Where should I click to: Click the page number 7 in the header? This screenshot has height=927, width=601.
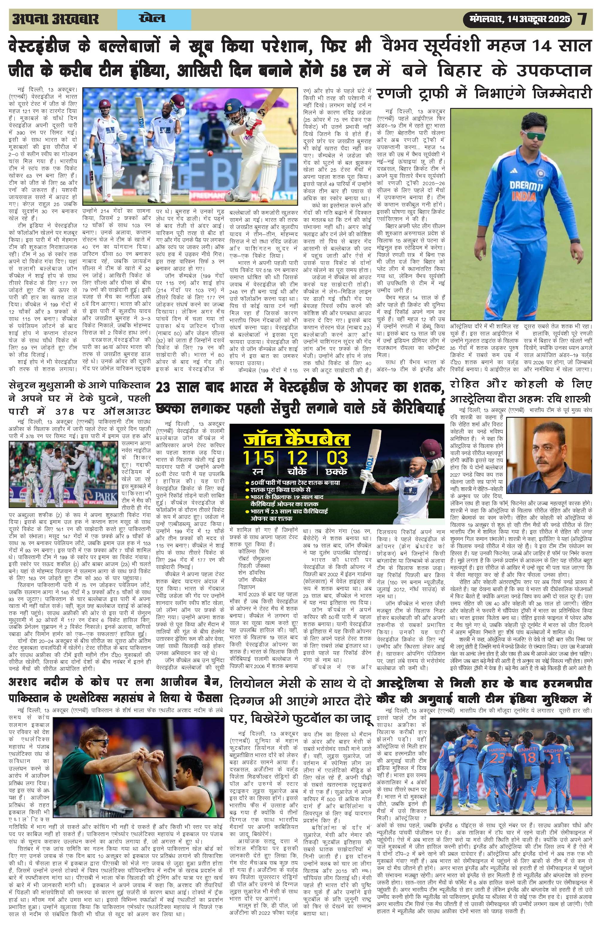(583, 19)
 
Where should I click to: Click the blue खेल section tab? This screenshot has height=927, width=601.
(152, 18)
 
